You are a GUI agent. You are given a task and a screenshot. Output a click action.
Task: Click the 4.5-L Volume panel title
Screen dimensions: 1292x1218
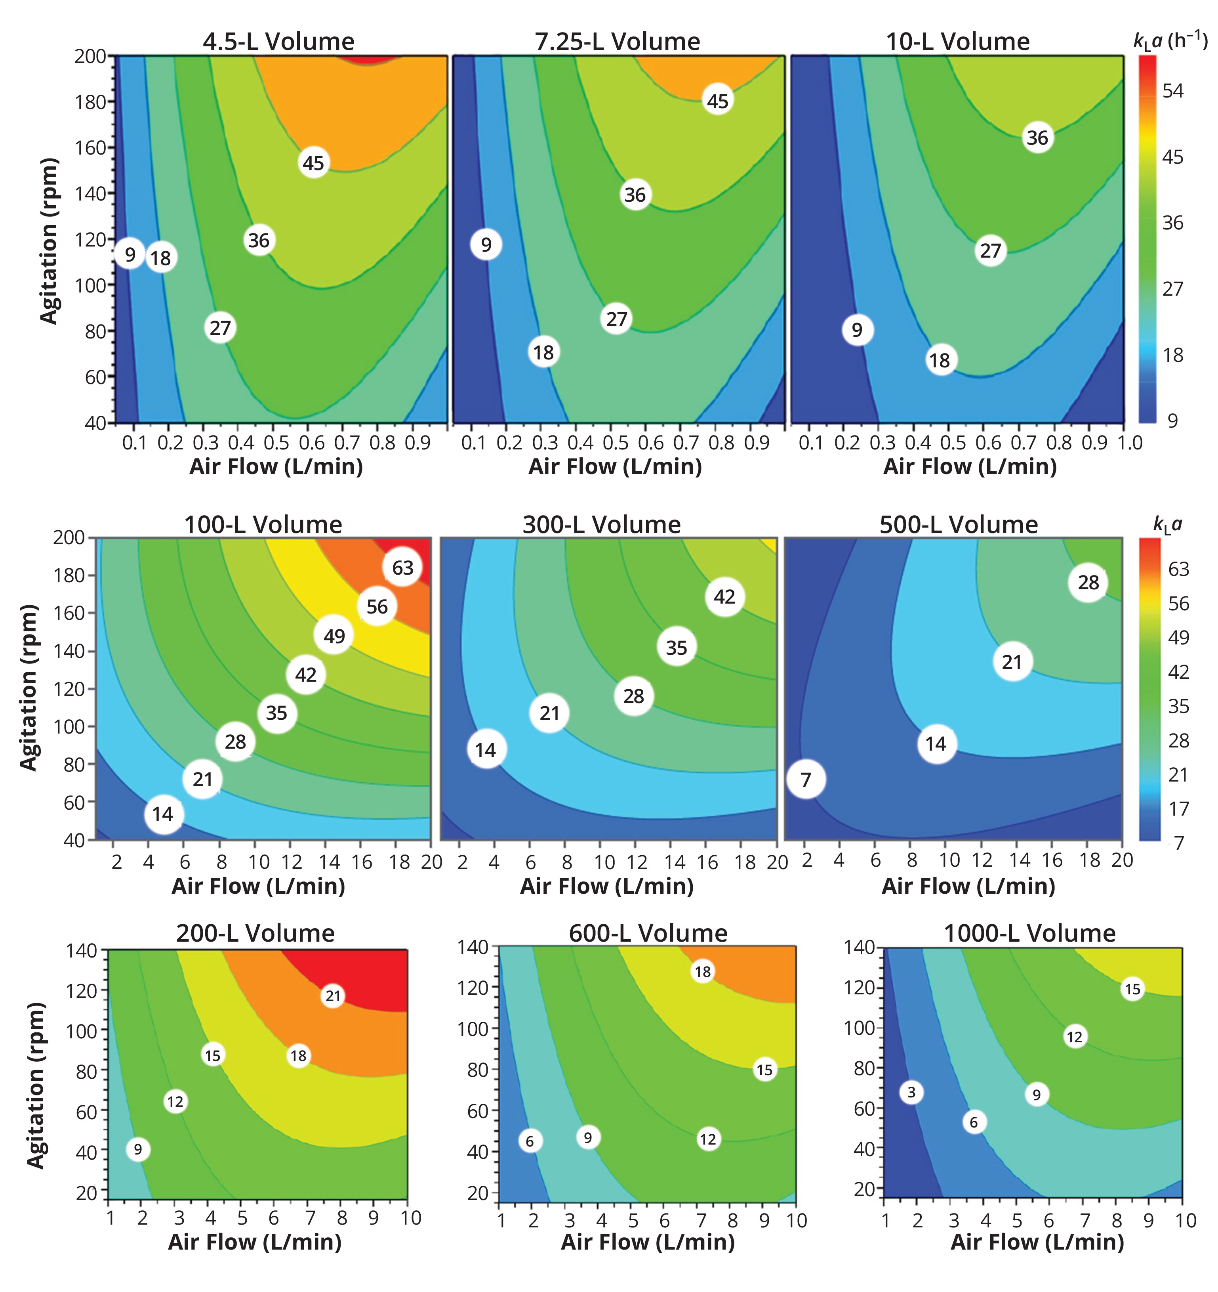click(279, 42)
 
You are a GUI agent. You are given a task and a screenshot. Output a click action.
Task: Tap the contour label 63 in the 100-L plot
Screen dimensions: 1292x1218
click(402, 568)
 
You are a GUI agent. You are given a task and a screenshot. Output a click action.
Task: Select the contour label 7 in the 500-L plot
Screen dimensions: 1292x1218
click(806, 779)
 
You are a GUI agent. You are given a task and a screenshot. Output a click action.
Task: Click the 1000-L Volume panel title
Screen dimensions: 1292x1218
click(1029, 933)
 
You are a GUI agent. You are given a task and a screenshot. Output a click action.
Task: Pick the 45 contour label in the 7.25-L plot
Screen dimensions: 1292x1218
click(717, 101)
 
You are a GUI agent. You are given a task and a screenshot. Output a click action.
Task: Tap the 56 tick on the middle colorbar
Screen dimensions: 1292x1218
click(1178, 604)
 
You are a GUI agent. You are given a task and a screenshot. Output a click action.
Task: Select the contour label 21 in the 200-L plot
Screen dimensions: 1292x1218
click(333, 996)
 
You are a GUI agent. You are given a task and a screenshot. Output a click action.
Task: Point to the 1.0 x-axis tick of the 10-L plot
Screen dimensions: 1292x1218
click(1130, 443)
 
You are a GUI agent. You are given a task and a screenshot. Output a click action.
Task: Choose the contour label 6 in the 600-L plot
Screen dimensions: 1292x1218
click(530, 1141)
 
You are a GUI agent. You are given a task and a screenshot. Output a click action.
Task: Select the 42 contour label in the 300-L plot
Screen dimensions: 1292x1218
click(724, 596)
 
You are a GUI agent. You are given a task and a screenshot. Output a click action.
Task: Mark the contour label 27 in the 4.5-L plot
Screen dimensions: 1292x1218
click(220, 327)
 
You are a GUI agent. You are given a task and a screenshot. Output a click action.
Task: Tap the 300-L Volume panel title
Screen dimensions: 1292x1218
click(602, 524)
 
